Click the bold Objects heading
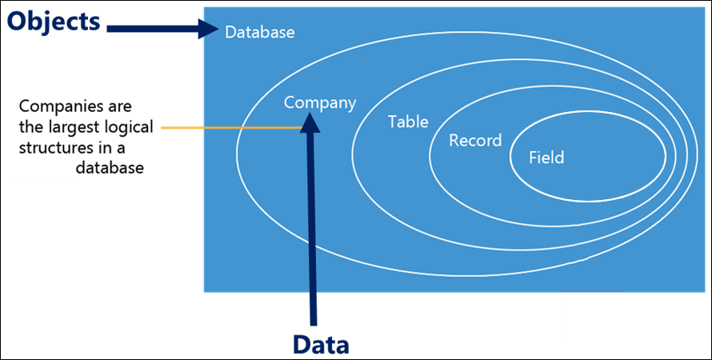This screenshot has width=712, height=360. [54, 22]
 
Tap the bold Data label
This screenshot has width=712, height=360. [321, 344]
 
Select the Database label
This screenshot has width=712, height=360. [260, 33]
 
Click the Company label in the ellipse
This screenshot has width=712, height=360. [320, 103]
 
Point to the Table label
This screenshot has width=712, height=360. [408, 122]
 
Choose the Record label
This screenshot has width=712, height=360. [475, 140]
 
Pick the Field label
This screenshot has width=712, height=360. [546, 158]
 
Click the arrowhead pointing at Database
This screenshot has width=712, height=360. [209, 29]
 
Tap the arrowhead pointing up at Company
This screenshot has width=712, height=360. [310, 122]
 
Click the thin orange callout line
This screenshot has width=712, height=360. [231, 128]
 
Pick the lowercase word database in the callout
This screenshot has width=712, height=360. [110, 168]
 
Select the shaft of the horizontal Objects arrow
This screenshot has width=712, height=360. [153, 29]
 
